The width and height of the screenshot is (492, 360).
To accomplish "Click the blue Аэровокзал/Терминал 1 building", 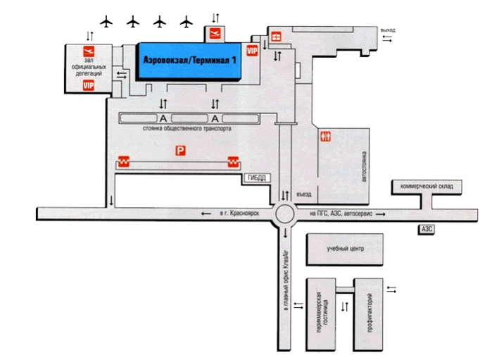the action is tap(189, 61).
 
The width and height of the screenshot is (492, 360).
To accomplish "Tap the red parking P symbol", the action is tap(180, 151).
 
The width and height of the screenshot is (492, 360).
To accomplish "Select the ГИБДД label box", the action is tap(257, 178).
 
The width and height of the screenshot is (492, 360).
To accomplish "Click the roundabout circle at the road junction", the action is tap(284, 214).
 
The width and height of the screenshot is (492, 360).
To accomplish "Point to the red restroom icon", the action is tap(325, 137).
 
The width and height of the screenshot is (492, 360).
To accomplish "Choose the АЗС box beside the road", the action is tap(427, 229).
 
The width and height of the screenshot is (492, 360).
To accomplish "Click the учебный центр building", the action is tap(344, 249).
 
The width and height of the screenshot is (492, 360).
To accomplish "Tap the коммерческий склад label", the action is tap(427, 186).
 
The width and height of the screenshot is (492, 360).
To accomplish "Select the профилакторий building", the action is tap(368, 314).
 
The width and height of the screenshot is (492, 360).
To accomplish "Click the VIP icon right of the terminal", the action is tap(252, 51).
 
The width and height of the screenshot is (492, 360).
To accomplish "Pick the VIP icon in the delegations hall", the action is tap(89, 85).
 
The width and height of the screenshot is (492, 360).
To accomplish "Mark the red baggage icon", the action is tap(276, 37).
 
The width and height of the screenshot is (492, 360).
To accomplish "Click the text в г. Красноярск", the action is tap(239, 213).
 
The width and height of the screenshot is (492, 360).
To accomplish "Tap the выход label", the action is tap(388, 30).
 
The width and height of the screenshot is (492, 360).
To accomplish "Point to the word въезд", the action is tap(304, 194).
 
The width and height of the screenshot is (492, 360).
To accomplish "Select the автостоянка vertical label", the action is tap(364, 166).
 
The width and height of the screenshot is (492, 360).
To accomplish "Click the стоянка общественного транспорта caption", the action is tap(187, 128).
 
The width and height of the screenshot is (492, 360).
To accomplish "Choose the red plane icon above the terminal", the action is tap(215, 33).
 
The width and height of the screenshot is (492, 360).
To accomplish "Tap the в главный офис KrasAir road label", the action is tap(286, 280).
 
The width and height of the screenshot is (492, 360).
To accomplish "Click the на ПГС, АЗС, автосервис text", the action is tap(341, 213).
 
